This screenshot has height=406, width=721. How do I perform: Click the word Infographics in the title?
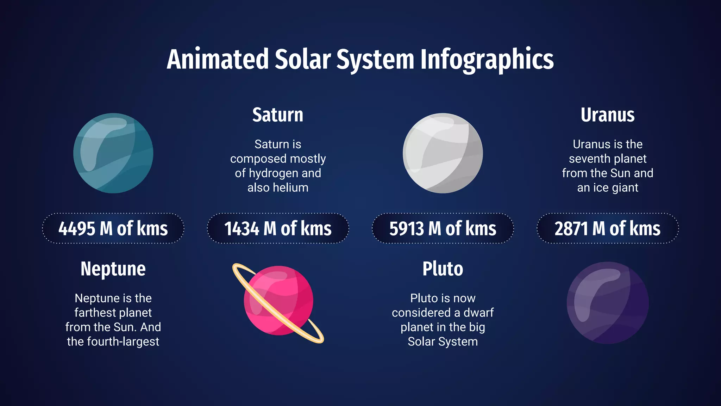pos(487,59)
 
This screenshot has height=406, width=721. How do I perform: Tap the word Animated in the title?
pos(218,59)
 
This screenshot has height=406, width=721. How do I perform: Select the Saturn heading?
pos(277,115)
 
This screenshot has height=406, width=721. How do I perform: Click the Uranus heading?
pos(607,115)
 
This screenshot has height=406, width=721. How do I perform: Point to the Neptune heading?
pos(113,269)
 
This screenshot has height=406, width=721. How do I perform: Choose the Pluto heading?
pos(443,269)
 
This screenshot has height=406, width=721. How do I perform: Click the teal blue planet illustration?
pos(113,153)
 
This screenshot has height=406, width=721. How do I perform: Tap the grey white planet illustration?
pos(443,153)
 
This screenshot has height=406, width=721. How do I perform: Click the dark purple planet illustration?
pos(608,303)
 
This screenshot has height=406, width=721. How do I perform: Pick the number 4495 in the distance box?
pos(77,229)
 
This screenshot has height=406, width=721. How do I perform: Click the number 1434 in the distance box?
pos(242,229)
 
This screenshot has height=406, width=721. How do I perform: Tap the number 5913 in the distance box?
pos(407,229)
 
